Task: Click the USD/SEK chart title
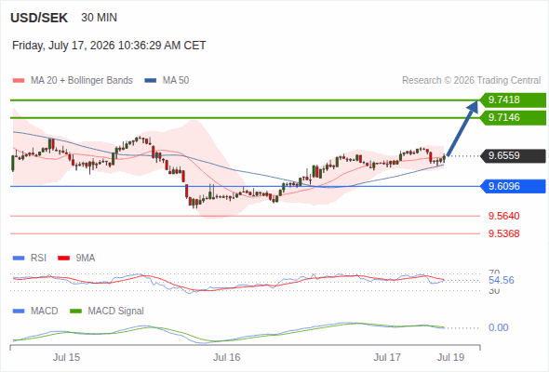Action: tap(39, 18)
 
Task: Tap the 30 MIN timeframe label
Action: tap(99, 18)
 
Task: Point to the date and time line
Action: tap(109, 46)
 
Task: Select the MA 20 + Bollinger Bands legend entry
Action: tap(73, 81)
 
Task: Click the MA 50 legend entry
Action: tap(167, 81)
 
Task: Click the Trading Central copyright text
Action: tap(471, 81)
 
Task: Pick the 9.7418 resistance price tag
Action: tap(513, 100)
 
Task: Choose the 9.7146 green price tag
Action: tap(513, 117)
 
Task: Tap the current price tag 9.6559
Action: tap(513, 155)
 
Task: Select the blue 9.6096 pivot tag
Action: tap(513, 186)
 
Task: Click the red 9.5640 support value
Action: tap(503, 216)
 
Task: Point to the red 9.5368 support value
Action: tap(503, 233)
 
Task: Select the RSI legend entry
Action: tap(30, 258)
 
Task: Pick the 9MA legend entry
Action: tap(76, 258)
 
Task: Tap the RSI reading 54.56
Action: tap(502, 280)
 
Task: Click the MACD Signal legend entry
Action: tap(107, 311)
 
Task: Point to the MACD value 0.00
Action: tap(498, 327)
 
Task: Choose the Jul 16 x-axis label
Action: tap(227, 357)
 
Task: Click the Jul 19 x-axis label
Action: tap(450, 357)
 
